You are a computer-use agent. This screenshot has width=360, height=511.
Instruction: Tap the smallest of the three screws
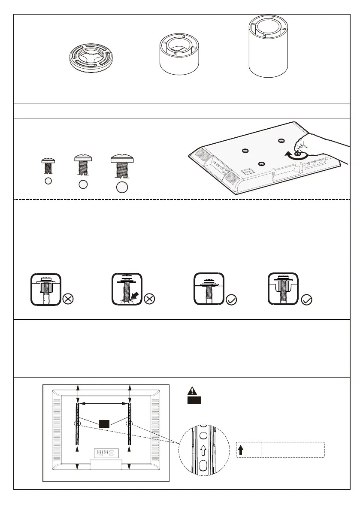(48, 165)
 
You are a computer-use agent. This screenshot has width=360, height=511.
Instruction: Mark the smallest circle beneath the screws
(48, 181)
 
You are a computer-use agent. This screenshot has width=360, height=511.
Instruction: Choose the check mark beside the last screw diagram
(306, 300)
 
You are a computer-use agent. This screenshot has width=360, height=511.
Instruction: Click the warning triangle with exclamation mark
(192, 391)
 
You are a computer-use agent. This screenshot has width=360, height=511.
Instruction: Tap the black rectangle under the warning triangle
(194, 400)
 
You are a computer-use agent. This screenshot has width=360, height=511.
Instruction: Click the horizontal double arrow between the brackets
(103, 403)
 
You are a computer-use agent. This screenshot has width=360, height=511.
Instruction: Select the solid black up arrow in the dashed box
(241, 450)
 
